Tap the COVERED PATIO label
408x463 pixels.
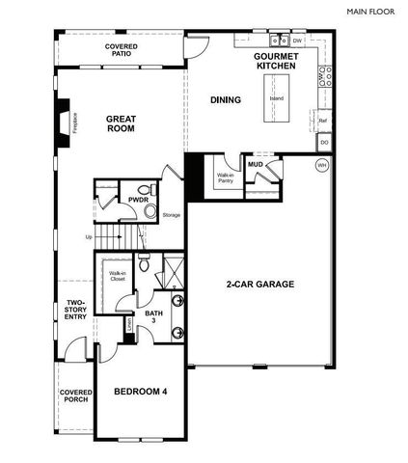coord(121,50)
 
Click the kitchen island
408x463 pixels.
coord(277,99)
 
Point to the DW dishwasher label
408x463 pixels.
coord(298,41)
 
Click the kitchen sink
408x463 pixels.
coord(278,41)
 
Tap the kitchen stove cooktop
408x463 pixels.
coord(325,76)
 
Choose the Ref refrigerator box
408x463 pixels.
coord(323,120)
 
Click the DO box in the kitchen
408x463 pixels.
coord(324,143)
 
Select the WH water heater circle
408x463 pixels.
coord(321,166)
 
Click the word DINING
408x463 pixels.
coord(226,99)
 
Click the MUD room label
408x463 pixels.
coord(255,165)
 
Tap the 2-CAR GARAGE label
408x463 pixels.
coord(259,285)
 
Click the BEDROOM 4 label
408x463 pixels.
coord(141,391)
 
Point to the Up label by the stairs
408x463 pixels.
coord(89,236)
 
